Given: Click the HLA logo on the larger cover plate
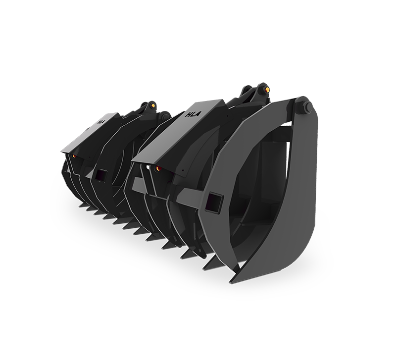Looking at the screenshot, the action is pyautogui.click(x=193, y=114).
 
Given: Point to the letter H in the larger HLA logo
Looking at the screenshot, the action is pyautogui.click(x=189, y=115).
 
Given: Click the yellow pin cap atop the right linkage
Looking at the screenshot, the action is pyautogui.click(x=267, y=89).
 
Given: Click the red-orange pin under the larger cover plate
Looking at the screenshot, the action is pyautogui.click(x=158, y=168).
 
